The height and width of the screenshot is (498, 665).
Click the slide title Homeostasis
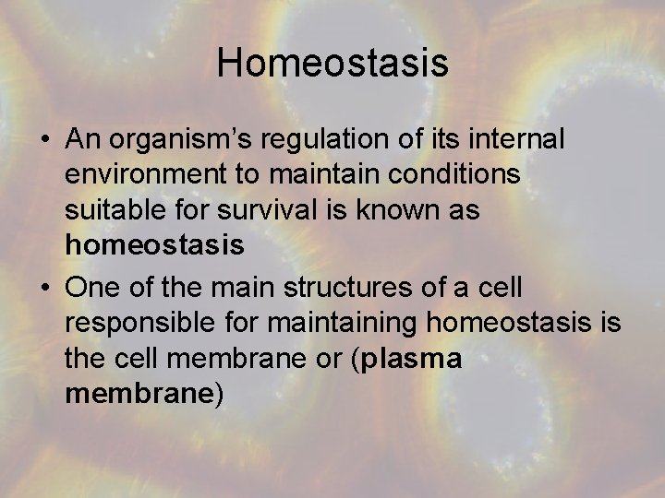click(332, 64)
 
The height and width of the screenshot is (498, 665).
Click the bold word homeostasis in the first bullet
click(154, 245)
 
